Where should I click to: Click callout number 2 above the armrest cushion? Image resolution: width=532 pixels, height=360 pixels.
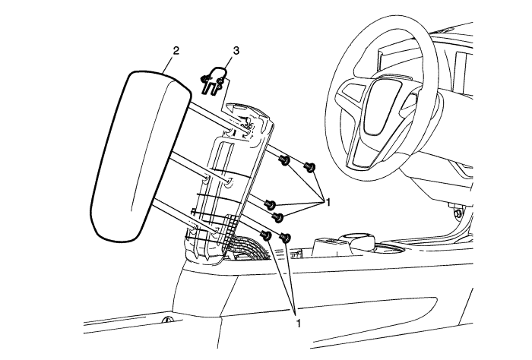[176, 51]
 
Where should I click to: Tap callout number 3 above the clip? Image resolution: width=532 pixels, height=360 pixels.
[236, 51]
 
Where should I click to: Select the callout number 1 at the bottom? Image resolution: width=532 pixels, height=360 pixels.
[298, 323]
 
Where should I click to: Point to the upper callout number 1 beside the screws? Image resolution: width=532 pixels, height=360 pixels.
[328, 202]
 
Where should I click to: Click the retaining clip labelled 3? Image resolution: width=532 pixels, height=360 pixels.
[213, 81]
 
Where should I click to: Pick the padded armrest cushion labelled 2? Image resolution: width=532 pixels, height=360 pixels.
[140, 154]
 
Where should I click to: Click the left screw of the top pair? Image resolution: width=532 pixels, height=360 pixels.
[284, 160]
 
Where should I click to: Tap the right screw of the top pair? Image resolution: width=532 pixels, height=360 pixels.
[310, 167]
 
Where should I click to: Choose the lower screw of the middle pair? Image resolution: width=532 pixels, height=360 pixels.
[279, 217]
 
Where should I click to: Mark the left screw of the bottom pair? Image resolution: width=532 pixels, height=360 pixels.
[266, 235]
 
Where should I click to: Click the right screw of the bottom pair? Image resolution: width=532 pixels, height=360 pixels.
[285, 237]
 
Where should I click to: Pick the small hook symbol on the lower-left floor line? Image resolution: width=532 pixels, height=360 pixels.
[166, 319]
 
